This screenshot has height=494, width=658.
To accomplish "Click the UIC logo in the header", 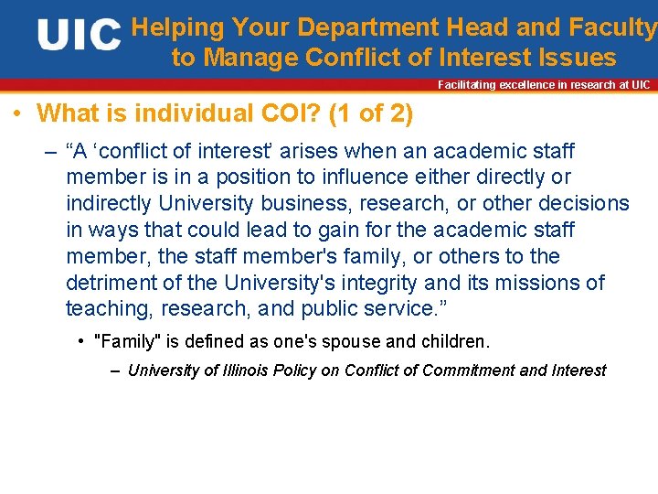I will tap(79, 36).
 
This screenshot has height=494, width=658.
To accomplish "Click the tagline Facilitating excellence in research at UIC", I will tap(544, 85).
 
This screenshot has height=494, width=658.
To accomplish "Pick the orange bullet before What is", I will tap(18, 115).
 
